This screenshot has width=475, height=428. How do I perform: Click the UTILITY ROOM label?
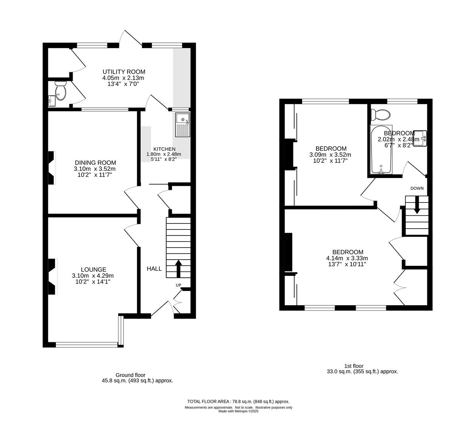[124, 72]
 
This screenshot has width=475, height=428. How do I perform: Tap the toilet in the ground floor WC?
[60, 90]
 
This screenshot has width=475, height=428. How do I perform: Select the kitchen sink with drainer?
[183, 124]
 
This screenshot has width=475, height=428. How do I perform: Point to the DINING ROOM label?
[95, 162]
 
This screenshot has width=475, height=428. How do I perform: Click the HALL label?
[154, 269]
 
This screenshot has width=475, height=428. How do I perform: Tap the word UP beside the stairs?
[178, 285]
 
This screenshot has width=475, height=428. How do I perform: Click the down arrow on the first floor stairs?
[416, 206]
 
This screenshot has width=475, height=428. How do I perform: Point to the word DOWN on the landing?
[417, 188]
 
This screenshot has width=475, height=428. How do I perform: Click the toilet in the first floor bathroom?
[381, 115]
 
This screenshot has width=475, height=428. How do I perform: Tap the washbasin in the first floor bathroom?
[419, 138]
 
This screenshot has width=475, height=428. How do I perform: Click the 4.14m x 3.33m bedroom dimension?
[347, 258]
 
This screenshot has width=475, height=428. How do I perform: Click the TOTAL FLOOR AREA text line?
[238, 401]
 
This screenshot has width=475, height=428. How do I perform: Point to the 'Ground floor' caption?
[130, 375]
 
